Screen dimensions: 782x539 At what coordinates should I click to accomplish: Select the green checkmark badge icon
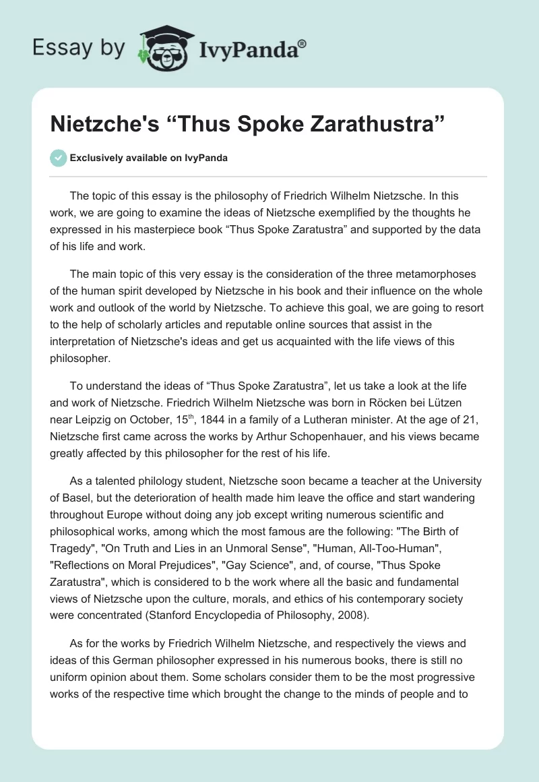coord(58,158)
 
